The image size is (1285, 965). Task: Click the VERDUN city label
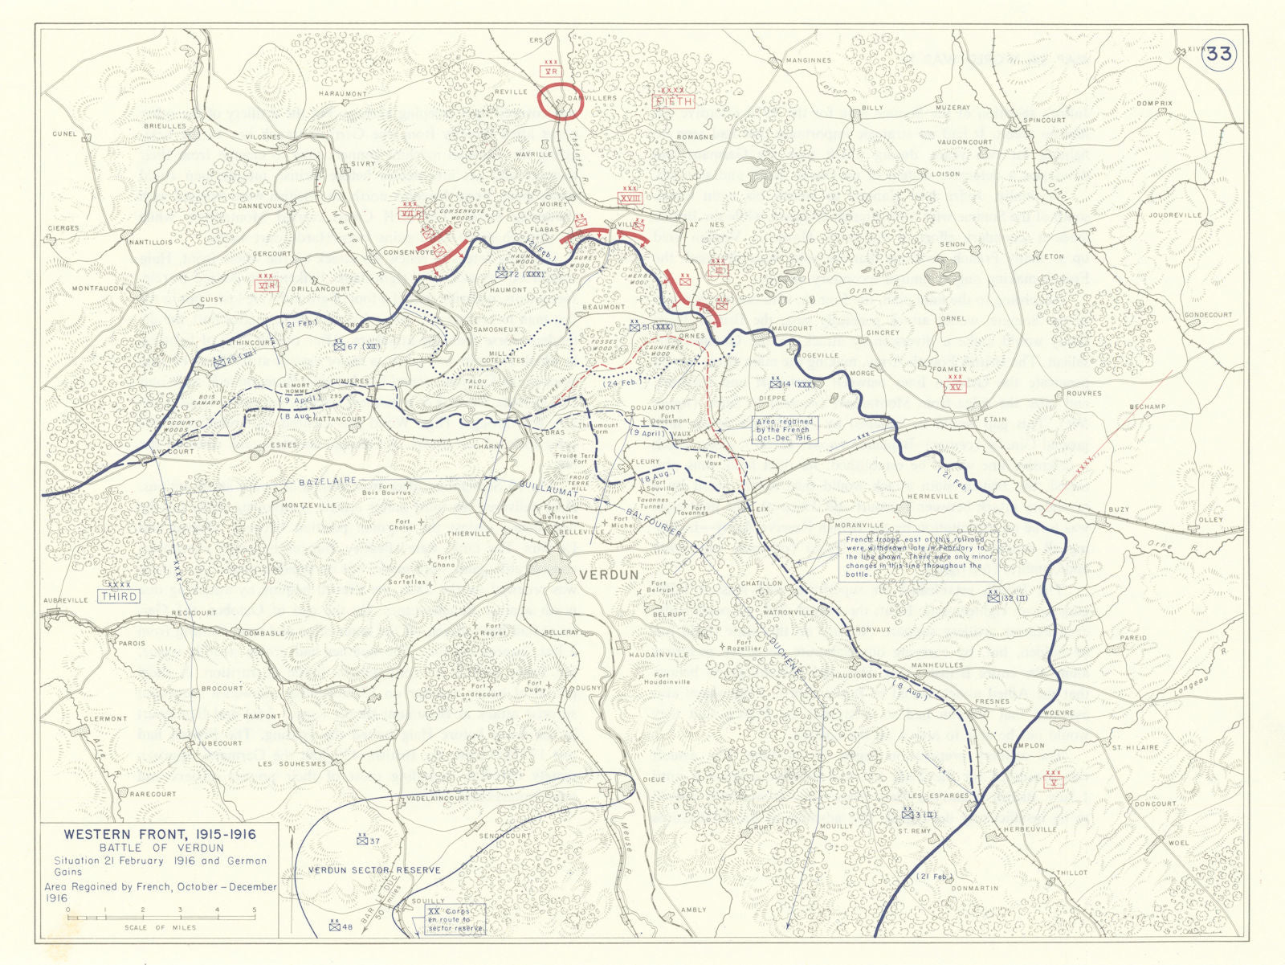coord(609,575)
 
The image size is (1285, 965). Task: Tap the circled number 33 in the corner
coord(1218,54)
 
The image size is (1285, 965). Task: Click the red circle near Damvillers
coord(559,101)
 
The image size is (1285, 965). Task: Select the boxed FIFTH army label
coord(672,102)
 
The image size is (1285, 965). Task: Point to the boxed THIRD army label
coord(119,596)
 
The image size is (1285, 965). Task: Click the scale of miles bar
coord(161,917)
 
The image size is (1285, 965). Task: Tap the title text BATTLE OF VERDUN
coord(161,848)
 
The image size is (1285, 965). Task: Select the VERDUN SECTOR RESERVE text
coord(374,870)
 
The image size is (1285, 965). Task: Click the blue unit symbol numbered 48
coord(335,926)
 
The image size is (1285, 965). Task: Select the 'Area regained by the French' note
coord(784,430)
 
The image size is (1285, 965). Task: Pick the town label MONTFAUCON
coord(98,288)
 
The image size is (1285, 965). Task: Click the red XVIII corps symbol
coord(630,198)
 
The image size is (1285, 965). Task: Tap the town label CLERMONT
coord(105,719)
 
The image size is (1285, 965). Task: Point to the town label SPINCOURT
coord(1044,121)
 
